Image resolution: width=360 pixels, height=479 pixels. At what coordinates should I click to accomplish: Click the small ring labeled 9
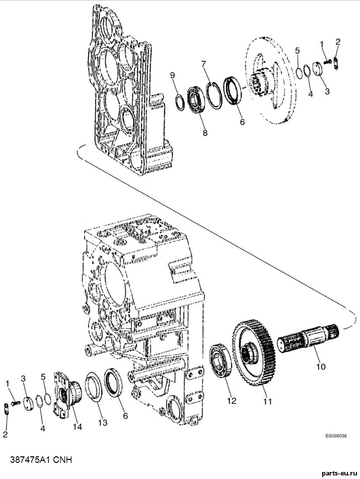tap(180, 101)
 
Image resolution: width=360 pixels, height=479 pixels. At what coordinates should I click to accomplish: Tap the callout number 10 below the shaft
tap(321, 366)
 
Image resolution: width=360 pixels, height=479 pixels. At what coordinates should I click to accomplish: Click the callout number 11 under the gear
tap(267, 401)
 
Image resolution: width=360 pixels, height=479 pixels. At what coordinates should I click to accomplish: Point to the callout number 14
tap(78, 426)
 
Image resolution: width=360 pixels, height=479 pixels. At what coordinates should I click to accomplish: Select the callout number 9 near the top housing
tap(173, 75)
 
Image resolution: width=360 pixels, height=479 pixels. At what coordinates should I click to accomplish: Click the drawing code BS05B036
tap(335, 436)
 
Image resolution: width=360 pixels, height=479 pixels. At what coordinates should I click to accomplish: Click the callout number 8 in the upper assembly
tap(205, 132)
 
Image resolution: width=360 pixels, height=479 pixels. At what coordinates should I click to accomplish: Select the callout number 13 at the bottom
tap(103, 422)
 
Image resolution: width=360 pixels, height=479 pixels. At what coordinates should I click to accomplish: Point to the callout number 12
tap(232, 400)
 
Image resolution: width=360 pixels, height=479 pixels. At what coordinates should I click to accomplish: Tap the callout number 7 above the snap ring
tap(203, 64)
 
